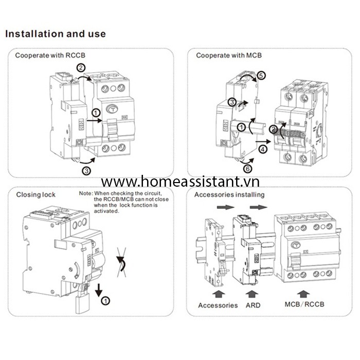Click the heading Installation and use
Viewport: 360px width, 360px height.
pos(56,34)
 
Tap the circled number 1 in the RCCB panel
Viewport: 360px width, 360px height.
pos(96,113)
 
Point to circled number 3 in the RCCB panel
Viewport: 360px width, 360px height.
pos(87,170)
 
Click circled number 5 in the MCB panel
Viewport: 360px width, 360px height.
pos(261,76)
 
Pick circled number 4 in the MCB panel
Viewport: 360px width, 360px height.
pos(263,150)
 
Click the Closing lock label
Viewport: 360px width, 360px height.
pos(36,194)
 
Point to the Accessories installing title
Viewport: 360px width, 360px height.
pos(229,194)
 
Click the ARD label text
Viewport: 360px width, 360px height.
pos(253,305)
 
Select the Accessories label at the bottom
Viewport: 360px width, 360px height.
pos(218,305)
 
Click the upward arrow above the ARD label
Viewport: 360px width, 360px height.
pos(253,293)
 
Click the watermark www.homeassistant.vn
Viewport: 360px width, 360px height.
pos(179,182)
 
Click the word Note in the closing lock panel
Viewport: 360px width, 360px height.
pos(86,193)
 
